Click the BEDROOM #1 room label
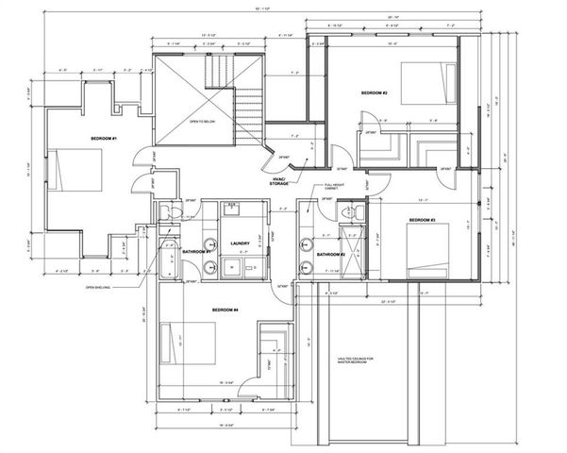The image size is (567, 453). click(103, 139)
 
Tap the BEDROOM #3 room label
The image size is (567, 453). click(423, 220)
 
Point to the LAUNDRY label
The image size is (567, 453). click(240, 243)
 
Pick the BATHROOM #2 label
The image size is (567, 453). click(329, 255)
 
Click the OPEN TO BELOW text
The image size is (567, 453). click(201, 120)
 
